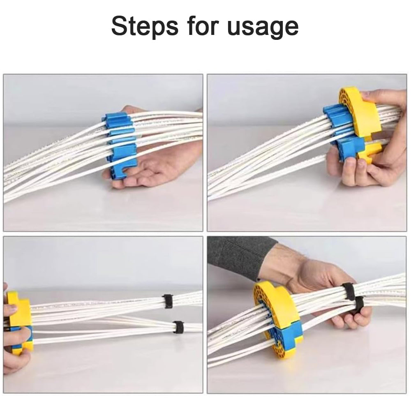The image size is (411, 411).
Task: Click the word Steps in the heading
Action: click(145, 26)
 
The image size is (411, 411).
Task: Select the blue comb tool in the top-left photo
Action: click(120, 145)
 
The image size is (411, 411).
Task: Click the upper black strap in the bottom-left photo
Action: click(168, 301)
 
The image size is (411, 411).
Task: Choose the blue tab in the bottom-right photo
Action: click(292, 333)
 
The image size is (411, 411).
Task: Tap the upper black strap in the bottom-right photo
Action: click(349, 291)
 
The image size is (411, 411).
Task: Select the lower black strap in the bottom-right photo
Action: click(358, 306)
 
